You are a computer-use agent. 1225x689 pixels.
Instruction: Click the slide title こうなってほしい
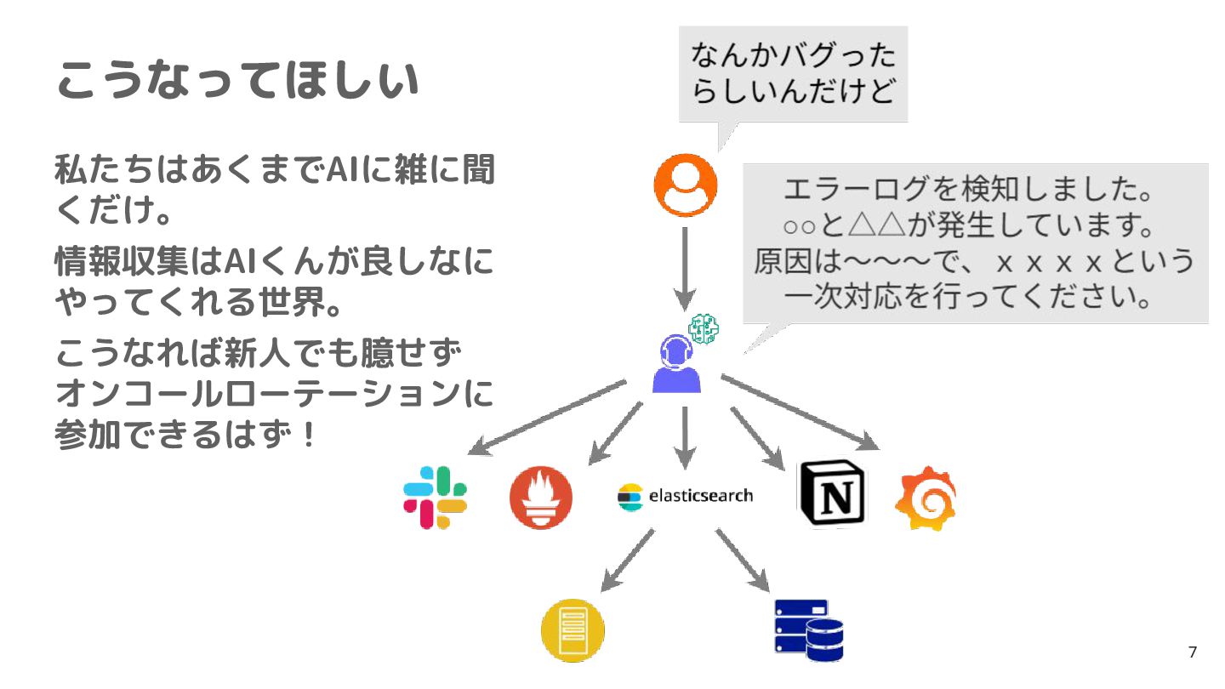coord(237,82)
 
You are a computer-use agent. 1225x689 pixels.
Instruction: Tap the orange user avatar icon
coord(685,185)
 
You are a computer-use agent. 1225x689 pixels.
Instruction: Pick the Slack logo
coord(435,498)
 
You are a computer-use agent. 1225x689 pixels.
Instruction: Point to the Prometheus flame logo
coord(540,498)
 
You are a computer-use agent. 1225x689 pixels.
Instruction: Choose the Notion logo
coord(831,493)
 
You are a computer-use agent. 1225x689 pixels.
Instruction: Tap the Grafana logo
coord(926,499)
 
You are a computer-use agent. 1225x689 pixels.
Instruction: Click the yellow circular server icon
coord(573,630)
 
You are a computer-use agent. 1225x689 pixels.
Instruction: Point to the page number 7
coord(1192,652)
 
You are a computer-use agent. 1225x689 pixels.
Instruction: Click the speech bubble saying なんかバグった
coord(793,74)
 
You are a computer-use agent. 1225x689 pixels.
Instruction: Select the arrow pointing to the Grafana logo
coord(800,412)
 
